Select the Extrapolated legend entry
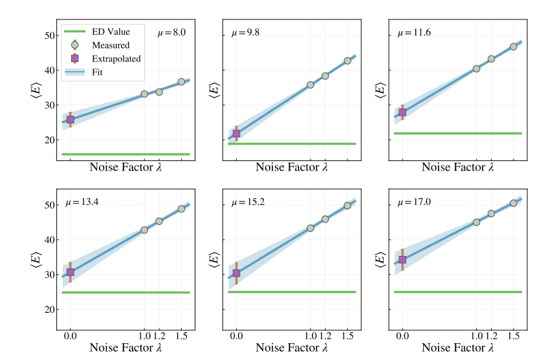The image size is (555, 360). point(116,59)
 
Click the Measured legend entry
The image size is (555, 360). point(111,45)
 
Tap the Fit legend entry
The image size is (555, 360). point(101,72)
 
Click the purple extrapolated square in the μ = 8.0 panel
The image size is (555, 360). point(71,120)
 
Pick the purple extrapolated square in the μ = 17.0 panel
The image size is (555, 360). point(402,260)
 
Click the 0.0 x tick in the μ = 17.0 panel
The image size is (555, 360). point(402,336)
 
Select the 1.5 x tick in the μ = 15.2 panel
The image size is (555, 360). point(347,336)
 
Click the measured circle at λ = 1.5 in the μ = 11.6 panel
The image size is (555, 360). point(514,47)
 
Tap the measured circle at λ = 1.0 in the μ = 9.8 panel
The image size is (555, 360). point(310,85)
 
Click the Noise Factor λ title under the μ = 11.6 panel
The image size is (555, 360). point(457,167)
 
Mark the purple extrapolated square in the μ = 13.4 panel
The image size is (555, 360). point(71,272)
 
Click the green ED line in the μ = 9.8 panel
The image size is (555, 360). point(291,143)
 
